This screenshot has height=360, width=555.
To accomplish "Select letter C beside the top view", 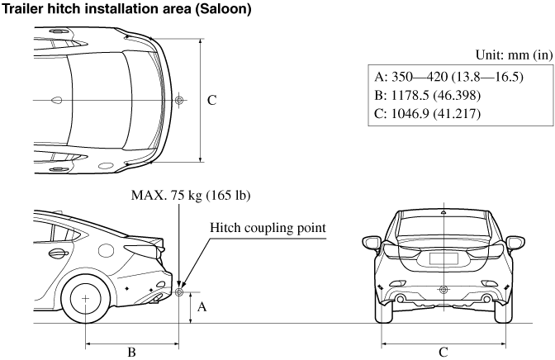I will pyautogui.click(x=211, y=100).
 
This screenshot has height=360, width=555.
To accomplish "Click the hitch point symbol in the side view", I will pyautogui.click(x=179, y=291).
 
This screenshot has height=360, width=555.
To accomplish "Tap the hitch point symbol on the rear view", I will pyautogui.click(x=444, y=289).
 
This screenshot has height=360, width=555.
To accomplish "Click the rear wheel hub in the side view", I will pyautogui.click(x=85, y=297).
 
